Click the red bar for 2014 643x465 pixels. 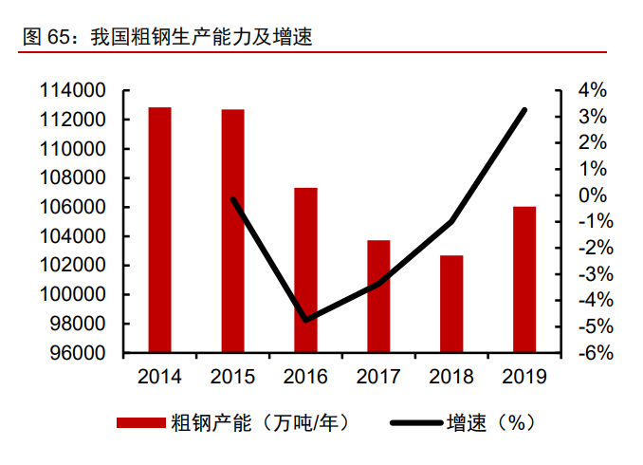point(160,230)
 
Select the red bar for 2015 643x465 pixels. point(232,231)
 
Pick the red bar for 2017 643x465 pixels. point(378,296)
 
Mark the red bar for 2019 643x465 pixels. point(524,279)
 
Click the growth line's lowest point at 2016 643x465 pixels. point(305,320)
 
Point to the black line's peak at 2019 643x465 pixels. point(524,110)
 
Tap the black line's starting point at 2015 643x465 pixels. point(232,199)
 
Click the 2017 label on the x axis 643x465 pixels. point(378,377)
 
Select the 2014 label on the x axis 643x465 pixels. point(160,377)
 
